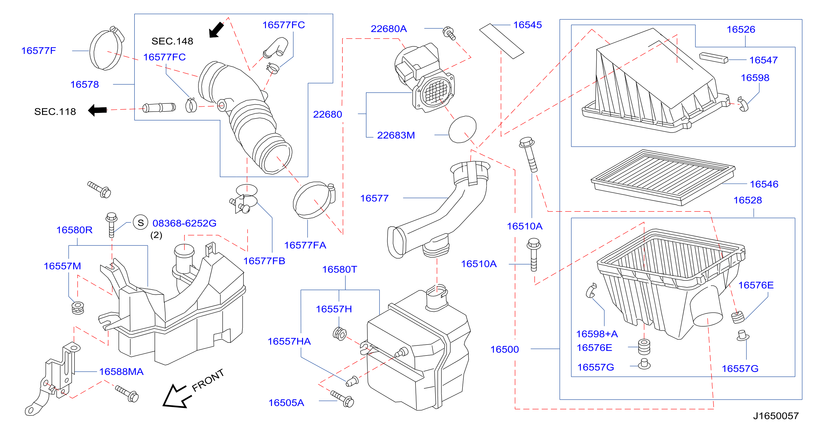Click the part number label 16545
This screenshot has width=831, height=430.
[x=527, y=25]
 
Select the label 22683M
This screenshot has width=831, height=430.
[x=396, y=135]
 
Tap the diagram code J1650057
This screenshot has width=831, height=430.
[x=776, y=416]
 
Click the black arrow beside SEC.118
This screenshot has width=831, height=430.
[x=97, y=110]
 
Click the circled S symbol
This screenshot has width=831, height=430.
[x=141, y=223]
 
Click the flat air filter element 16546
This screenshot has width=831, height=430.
[x=663, y=177]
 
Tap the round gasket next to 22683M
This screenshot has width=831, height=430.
[x=462, y=129]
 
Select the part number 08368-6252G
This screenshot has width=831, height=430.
[x=184, y=223]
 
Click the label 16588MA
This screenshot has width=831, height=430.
[x=121, y=372]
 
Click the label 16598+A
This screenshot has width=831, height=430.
[x=597, y=334]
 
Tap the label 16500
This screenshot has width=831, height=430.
[x=505, y=349]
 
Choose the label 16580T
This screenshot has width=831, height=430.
[x=340, y=269]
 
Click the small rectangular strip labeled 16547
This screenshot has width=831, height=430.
[x=714, y=58]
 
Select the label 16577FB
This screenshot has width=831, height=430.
[x=264, y=261]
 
